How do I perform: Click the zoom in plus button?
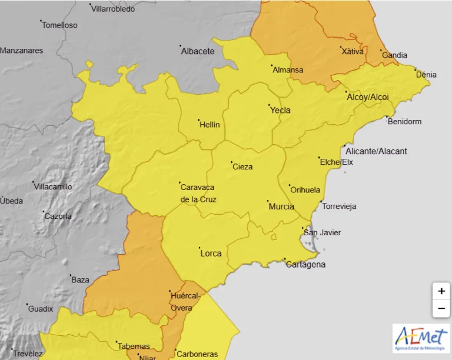point(441,291)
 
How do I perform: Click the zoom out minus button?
point(441,308)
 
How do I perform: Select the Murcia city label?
point(281,206)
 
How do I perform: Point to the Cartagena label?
point(305,264)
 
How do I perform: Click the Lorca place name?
point(211,253)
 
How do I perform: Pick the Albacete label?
point(198,51)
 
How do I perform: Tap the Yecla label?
point(280,110)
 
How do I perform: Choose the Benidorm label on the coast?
point(405,122)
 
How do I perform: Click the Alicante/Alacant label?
point(376,151)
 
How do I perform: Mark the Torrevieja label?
point(338,206)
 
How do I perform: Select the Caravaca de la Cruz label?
point(198,193)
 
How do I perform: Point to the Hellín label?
point(210,125)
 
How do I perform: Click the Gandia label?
point(394,55)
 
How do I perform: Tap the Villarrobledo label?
point(114,9)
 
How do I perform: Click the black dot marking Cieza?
point(231,162)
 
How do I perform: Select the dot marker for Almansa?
point(271,65)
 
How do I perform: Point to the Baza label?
point(80,280)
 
